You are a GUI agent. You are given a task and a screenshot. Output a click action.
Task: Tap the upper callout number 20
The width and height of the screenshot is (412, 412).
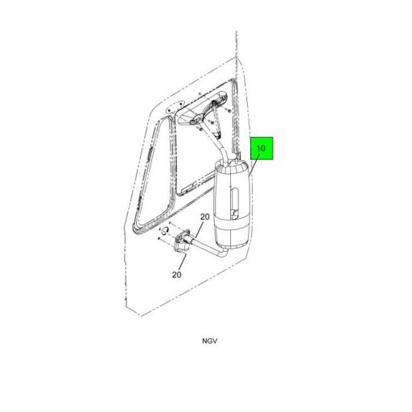click(x=204, y=218)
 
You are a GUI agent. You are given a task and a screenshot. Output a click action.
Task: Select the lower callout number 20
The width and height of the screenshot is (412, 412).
click(x=178, y=274)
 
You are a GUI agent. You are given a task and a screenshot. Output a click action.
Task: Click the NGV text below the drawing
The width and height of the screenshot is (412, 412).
click(x=209, y=340)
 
